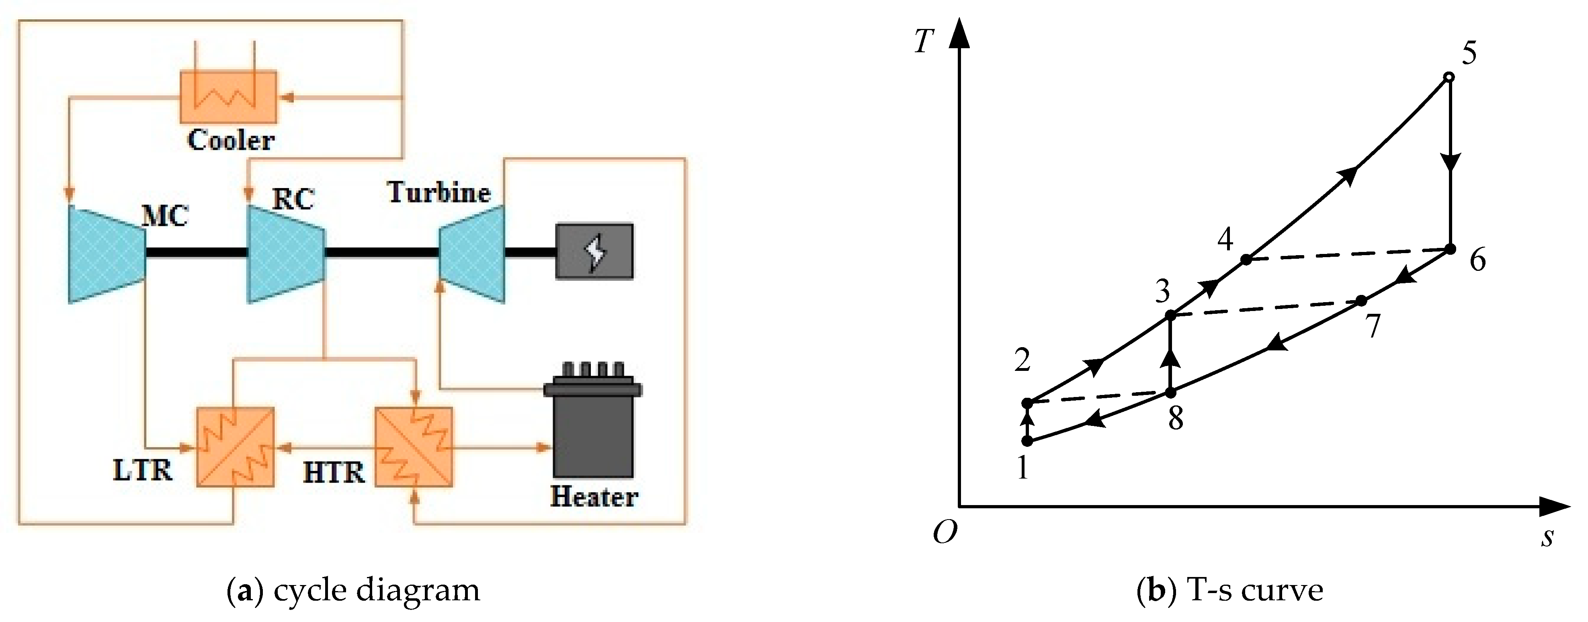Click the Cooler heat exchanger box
[228, 97]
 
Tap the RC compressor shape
[285, 254]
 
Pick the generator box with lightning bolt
[594, 252]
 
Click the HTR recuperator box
[414, 446]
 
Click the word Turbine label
[439, 192]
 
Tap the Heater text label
[594, 497]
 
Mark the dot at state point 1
[1027, 441]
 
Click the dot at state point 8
[1170, 392]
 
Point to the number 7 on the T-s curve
[1372, 326]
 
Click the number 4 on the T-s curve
[1225, 239]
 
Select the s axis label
[1547, 538]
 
